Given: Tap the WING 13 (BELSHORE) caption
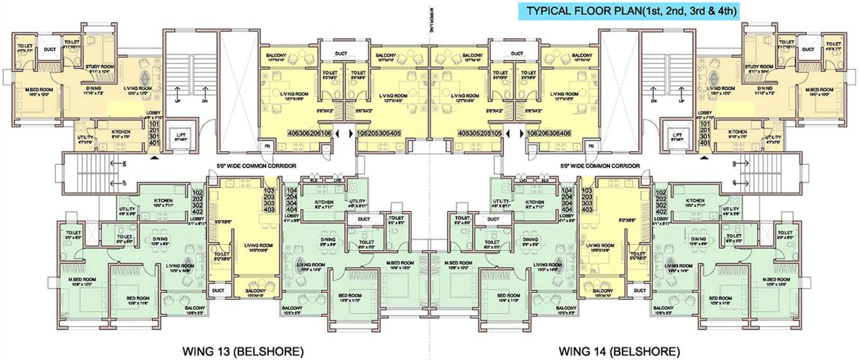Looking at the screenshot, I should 239,351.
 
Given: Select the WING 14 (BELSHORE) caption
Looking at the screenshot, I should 619,351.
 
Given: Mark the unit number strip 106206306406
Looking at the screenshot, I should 550,133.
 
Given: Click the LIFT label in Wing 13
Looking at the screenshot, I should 181,135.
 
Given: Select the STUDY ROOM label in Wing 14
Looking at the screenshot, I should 757,66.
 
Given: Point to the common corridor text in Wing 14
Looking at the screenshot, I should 599,166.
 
